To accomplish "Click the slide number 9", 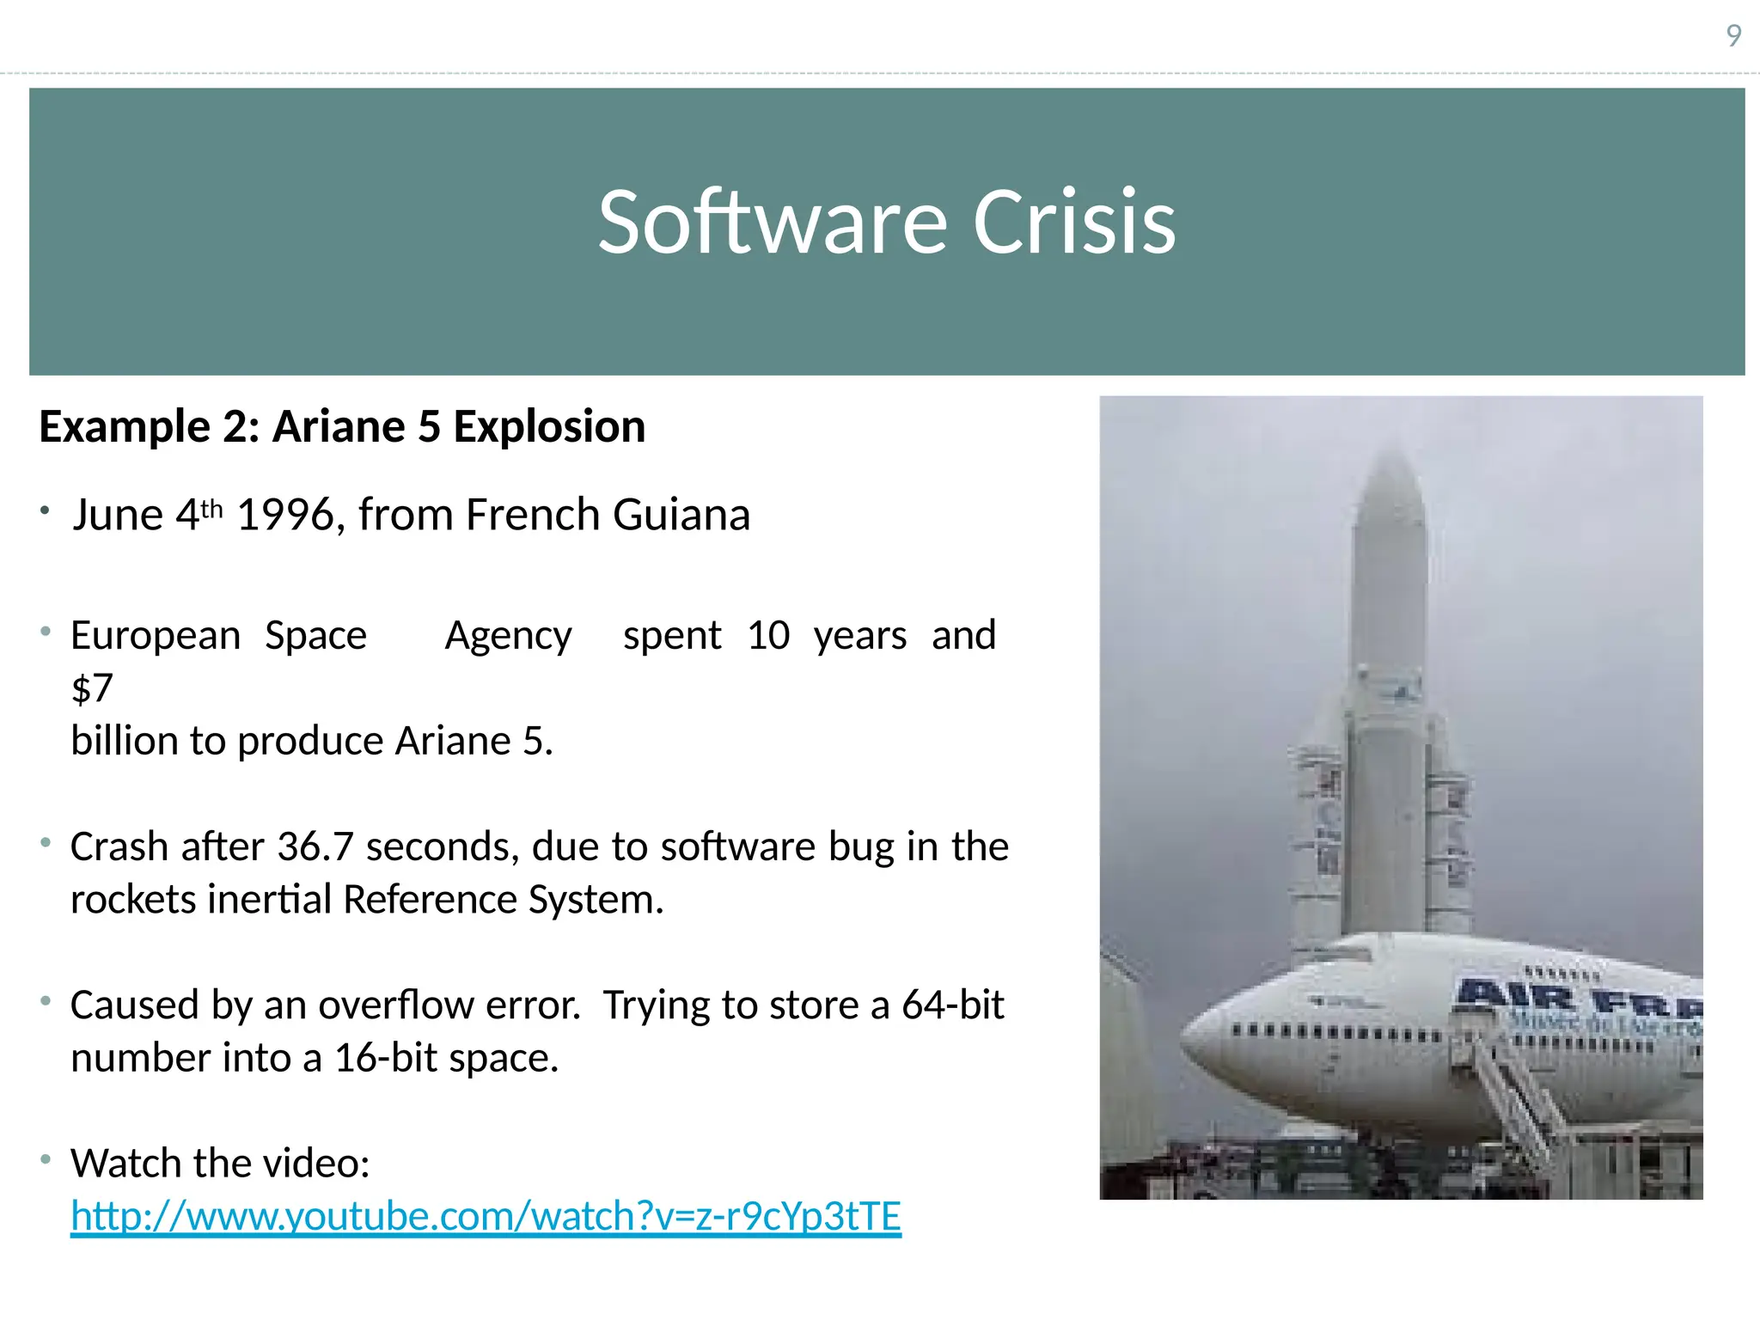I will pos(1733,36).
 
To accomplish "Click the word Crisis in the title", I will pos(1073,223).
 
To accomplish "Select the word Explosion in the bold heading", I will pos(549,427).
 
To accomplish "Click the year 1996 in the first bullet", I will pos(284,516).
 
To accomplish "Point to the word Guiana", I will pos(681,516).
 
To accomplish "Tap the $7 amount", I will pos(92,688).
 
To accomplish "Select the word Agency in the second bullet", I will pos(508,637).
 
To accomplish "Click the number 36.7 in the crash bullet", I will pos(315,847).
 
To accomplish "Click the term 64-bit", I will pos(952,1005).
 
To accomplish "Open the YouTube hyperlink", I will pos(486,1217).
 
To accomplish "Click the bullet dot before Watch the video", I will pos(46,1160).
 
